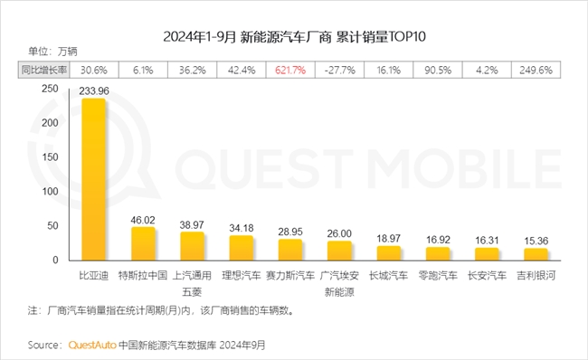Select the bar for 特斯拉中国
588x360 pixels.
pyautogui.click(x=144, y=243)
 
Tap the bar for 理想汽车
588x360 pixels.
pyautogui.click(x=242, y=247)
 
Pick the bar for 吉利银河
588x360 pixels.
pyautogui.click(x=535, y=254)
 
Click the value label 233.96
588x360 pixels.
pyautogui.click(x=94, y=90)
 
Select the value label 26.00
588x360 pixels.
pyautogui.click(x=339, y=232)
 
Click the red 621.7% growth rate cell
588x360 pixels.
pyautogui.click(x=290, y=69)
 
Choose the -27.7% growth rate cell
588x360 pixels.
pyautogui.click(x=339, y=69)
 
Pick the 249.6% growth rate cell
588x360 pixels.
pyautogui.click(x=535, y=69)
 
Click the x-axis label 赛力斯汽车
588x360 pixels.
pyautogui.click(x=290, y=273)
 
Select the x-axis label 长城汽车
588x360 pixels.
pyautogui.click(x=388, y=273)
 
